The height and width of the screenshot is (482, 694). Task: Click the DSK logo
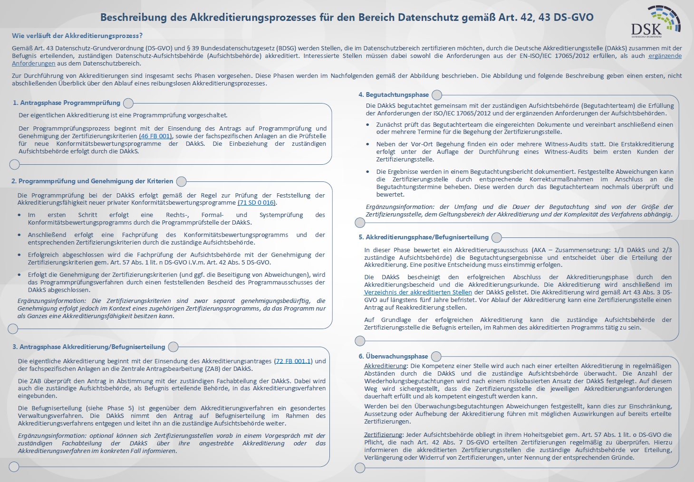pyautogui.click(x=655, y=21)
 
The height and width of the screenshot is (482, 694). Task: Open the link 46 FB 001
pyautogui.click(x=155, y=136)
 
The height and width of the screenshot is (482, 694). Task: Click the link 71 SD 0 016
pyautogui.click(x=256, y=203)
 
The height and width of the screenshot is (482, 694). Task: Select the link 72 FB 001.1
pyautogui.click(x=293, y=361)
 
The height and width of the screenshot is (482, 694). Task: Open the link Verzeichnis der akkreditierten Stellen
pyautogui.click(x=418, y=293)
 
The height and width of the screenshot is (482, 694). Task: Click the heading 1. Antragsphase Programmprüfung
pyautogui.click(x=67, y=103)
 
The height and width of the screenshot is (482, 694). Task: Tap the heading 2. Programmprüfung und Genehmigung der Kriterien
pyautogui.click(x=92, y=181)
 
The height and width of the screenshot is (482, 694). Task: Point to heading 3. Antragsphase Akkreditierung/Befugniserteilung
pyautogui.click(x=88, y=347)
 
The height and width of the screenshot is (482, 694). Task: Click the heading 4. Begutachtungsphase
pyautogui.click(x=394, y=95)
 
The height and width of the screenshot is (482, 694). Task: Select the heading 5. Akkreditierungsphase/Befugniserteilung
pyautogui.click(x=424, y=237)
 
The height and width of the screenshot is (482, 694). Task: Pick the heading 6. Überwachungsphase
pyautogui.click(x=393, y=356)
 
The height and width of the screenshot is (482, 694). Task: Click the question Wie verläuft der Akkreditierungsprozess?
pyautogui.click(x=77, y=36)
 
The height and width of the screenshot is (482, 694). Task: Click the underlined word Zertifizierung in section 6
pyautogui.click(x=383, y=435)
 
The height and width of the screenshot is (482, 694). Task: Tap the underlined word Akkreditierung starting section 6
pyautogui.click(x=386, y=366)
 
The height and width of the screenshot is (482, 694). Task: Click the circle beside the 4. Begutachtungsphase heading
pyautogui.click(x=437, y=95)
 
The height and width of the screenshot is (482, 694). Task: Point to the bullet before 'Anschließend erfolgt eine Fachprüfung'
pyautogui.click(x=19, y=235)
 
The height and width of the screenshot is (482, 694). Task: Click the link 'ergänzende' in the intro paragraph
pyautogui.click(x=665, y=56)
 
